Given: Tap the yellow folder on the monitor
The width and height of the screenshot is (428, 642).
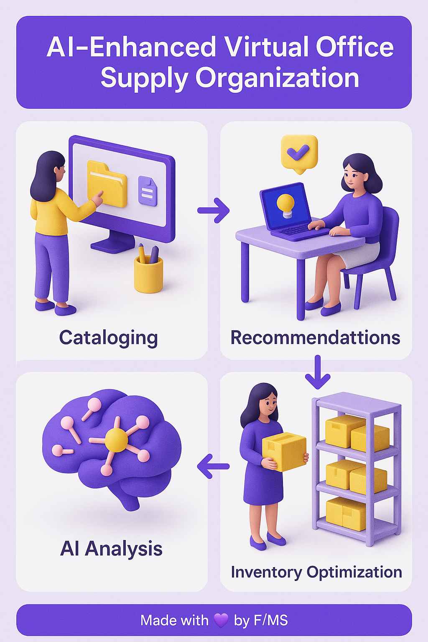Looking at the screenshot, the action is coord(107,183).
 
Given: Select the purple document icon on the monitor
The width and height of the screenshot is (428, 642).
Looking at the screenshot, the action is coord(148,191).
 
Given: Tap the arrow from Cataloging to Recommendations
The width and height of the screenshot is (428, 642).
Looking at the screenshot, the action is coord(214,210).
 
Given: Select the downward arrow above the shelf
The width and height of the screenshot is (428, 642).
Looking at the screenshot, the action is coord(317,372).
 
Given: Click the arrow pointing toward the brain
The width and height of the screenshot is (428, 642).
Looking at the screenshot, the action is coord(213,466).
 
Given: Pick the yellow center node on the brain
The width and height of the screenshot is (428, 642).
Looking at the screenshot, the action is coord(116,441).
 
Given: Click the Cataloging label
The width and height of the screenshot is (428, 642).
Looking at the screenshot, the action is coord(108,339).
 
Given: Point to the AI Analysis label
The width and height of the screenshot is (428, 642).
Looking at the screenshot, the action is coord(111,549).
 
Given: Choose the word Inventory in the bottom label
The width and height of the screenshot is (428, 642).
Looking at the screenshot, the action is coord(266,572).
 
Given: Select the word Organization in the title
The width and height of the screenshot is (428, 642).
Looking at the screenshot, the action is coord(277,78).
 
